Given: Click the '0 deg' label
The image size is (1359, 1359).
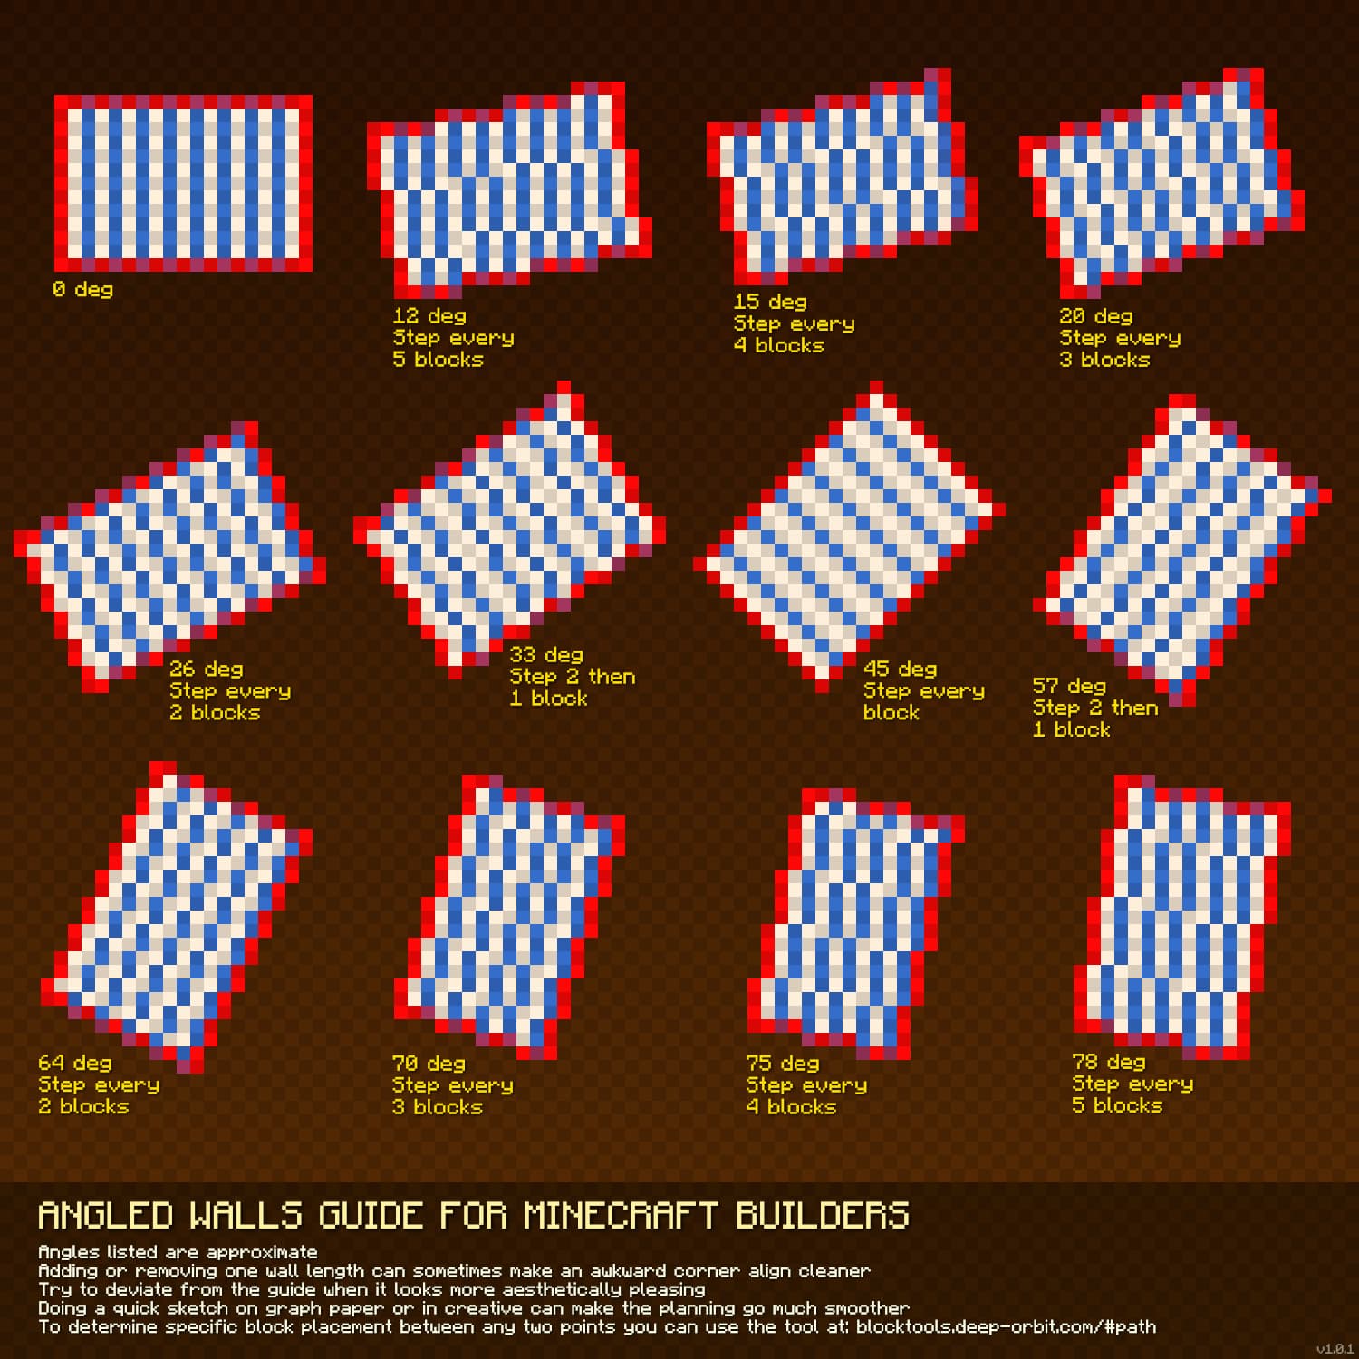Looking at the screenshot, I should click(82, 290).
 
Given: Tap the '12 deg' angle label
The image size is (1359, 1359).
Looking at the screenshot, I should click(429, 316).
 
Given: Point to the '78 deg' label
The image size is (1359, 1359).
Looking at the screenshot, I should click(1108, 1062).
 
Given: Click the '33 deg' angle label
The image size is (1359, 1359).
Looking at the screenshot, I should click(545, 655).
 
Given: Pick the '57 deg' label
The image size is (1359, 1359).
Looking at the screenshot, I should click(1069, 686).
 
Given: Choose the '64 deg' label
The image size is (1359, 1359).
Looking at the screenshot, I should click(75, 1063).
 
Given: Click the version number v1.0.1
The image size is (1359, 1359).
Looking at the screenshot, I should click(1335, 1349).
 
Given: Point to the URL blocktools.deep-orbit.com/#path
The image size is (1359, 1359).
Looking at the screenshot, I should click(1006, 1327).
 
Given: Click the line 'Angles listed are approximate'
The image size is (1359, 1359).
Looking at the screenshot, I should click(178, 1252).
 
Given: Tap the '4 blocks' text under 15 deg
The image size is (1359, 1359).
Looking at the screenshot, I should click(779, 345).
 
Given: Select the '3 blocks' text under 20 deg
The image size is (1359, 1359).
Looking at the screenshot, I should click(1104, 360).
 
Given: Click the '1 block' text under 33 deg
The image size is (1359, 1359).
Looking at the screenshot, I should click(548, 699).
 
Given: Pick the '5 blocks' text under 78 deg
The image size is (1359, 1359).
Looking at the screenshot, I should click(1117, 1105).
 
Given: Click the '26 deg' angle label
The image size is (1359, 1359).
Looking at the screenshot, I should click(207, 670).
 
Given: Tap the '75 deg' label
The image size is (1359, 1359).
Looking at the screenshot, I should click(782, 1063).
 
